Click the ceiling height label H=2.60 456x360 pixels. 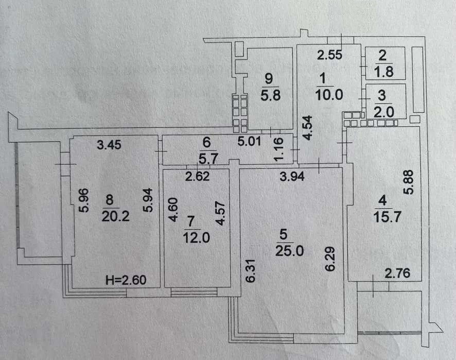126,280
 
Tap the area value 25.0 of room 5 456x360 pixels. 289,251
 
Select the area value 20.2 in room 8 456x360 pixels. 115,216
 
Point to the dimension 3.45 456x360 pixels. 109,145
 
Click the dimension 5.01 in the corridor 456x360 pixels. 249,141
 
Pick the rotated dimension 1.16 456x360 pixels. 278,149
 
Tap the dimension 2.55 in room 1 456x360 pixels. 329,55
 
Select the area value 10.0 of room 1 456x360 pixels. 329,95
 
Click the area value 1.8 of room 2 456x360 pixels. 384,72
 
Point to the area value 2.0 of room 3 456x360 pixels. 384,112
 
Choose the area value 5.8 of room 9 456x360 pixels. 270,95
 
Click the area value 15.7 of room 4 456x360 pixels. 388,217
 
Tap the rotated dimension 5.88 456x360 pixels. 408,182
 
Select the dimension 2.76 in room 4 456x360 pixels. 397,273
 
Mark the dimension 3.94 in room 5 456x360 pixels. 292,176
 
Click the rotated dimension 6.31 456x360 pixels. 251,271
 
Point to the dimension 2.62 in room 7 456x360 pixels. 198,176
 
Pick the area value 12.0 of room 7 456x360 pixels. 196,238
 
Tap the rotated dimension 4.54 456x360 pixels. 307,128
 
